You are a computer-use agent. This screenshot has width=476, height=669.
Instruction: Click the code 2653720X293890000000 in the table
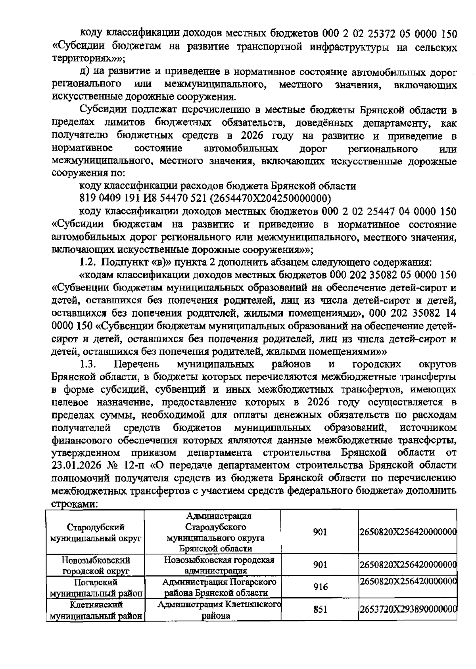pyautogui.click(x=408, y=610)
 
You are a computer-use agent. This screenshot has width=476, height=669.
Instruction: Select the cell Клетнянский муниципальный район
pyautogui.click(x=96, y=610)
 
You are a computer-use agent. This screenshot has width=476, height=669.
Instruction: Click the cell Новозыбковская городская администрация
pyautogui.click(x=219, y=565)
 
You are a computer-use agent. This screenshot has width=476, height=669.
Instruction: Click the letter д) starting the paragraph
pyautogui.click(x=84, y=72)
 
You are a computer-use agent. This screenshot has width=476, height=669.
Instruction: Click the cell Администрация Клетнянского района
pyautogui.click(x=219, y=610)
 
